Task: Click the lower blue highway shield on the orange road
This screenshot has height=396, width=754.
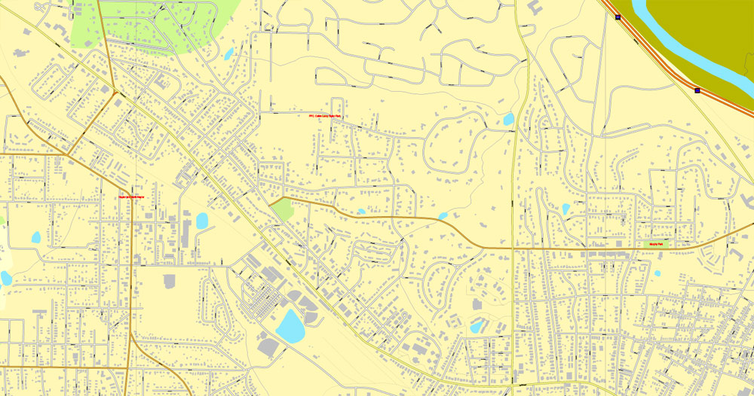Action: (x=697, y=90)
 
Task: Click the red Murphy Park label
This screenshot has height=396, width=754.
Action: (x=654, y=244)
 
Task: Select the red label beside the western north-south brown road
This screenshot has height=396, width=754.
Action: (x=131, y=197)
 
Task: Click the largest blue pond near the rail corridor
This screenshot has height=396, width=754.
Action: (x=290, y=326)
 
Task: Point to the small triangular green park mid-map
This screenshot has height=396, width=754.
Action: (x=281, y=209)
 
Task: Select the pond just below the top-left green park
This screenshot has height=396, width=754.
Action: (x=228, y=53)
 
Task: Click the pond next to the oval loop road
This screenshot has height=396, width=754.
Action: (x=508, y=119)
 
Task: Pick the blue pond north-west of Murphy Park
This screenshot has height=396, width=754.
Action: (x=565, y=209)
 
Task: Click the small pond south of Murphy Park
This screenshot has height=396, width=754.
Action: (x=657, y=273)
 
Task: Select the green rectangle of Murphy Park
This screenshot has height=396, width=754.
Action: (x=656, y=244)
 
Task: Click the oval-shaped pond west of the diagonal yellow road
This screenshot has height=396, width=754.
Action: (x=201, y=221)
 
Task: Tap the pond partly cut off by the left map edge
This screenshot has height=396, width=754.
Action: (x=5, y=278)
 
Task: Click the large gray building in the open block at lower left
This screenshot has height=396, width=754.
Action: (x=169, y=281)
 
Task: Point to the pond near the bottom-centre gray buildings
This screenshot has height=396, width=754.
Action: (x=477, y=327)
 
